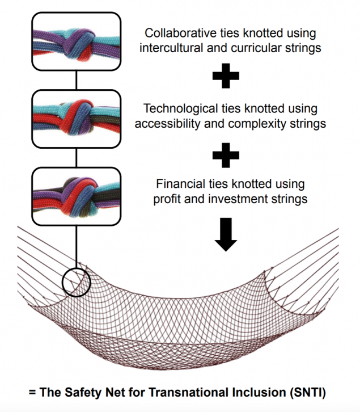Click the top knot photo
point(77,41)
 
